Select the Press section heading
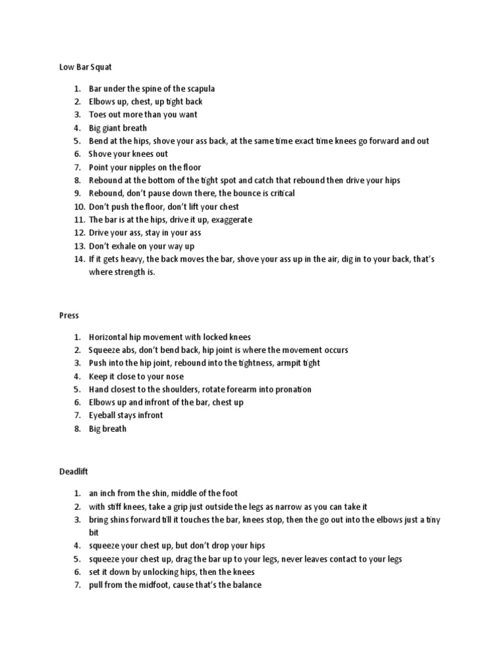(x=69, y=316)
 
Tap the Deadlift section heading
(x=74, y=472)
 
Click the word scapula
(x=199, y=88)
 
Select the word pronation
(x=290, y=389)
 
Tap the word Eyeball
(x=104, y=415)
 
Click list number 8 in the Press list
(x=77, y=429)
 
